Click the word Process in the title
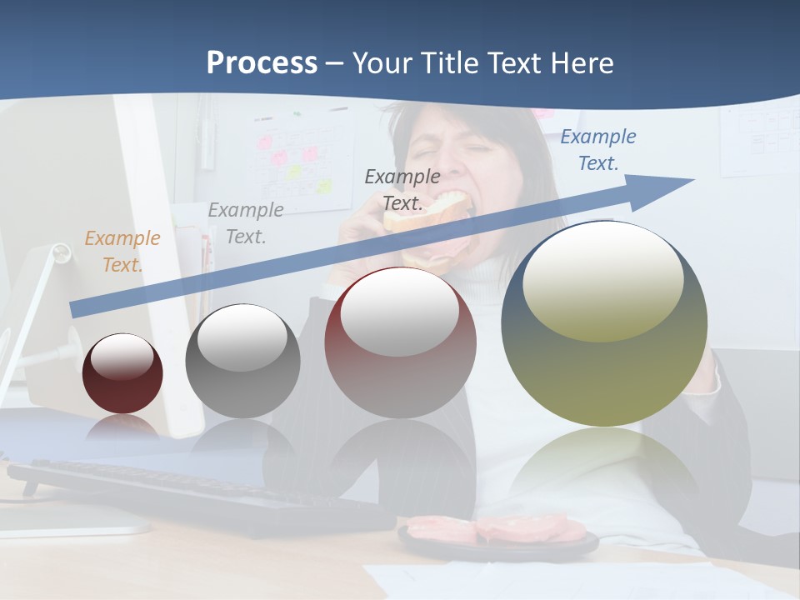click(262, 63)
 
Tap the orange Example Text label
click(122, 251)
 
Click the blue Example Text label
click(597, 150)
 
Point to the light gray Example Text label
click(245, 223)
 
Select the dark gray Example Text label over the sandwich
click(402, 189)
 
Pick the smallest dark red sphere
click(122, 374)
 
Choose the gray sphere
click(242, 361)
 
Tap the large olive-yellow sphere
click(604, 325)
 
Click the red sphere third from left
click(400, 342)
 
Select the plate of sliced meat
click(497, 533)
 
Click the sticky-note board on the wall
click(300, 158)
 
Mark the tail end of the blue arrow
click(79, 308)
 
